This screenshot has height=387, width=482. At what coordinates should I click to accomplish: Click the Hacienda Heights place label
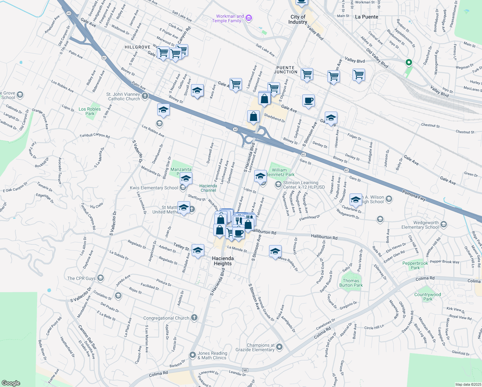(x=223, y=261)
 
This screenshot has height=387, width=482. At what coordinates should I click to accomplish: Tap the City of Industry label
(x=298, y=19)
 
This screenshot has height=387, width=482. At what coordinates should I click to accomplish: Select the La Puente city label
(x=367, y=17)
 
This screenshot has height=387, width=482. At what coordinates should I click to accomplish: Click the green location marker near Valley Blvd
(x=409, y=62)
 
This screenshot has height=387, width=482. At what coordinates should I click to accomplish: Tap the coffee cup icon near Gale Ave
(x=308, y=101)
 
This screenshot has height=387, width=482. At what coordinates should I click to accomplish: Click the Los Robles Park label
(x=90, y=111)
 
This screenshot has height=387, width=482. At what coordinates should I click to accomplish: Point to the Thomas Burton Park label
(x=351, y=283)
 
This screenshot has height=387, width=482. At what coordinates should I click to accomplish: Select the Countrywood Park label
(x=428, y=297)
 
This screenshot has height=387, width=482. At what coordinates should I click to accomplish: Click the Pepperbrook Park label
(x=415, y=265)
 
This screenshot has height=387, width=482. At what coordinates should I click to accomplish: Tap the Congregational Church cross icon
(x=194, y=318)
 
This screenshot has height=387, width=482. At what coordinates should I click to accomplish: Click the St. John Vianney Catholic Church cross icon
(x=145, y=96)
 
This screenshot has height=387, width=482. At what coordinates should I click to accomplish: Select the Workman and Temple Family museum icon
(x=248, y=18)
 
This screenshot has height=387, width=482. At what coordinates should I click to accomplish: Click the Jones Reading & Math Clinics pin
(x=193, y=355)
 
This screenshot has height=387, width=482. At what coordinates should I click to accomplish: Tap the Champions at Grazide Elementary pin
(x=279, y=347)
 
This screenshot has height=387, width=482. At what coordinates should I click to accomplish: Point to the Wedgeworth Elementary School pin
(x=444, y=224)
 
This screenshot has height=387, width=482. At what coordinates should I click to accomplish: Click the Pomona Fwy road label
(x=414, y=195)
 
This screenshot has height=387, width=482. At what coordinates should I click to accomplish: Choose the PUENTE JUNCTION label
(x=285, y=70)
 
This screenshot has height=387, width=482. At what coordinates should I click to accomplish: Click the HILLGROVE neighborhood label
(x=138, y=47)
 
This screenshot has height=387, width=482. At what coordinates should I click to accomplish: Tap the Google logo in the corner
(x=11, y=383)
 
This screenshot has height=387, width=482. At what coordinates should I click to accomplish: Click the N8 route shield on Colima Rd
(x=246, y=370)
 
